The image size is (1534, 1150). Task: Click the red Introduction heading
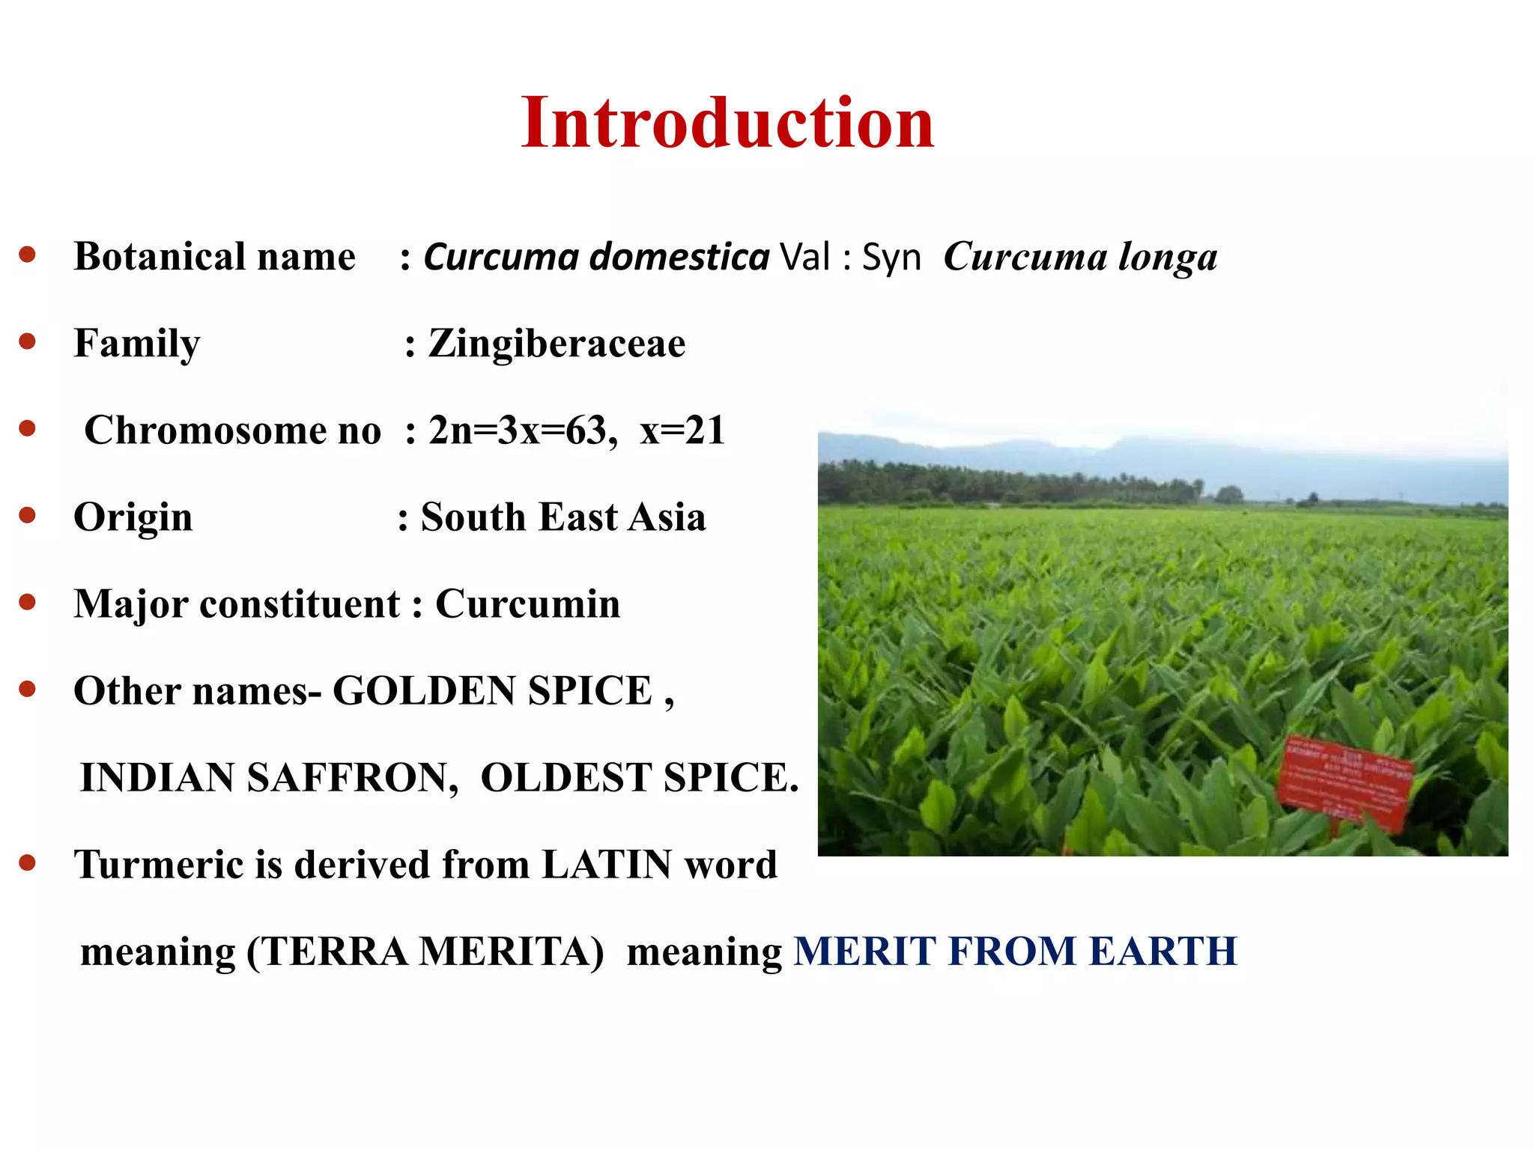pos(727,124)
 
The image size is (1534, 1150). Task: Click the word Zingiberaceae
pos(557,344)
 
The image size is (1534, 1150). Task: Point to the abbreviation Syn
pos(891,257)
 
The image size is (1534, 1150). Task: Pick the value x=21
pos(682,431)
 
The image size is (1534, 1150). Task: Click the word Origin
pos(133,517)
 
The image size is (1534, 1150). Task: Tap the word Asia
pos(667,517)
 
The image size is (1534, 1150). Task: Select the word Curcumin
pos(528,604)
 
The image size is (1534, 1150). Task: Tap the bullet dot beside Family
pos(28,342)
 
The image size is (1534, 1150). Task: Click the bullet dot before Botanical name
pos(28,255)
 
